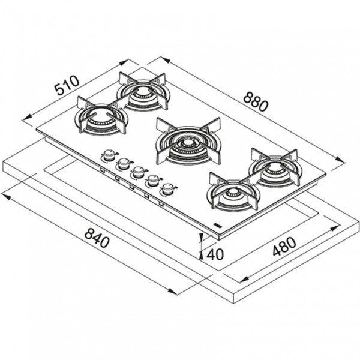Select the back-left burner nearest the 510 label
tap(144, 93)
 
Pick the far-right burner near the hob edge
tap(276, 168)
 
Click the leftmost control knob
tap(108, 155)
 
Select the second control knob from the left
tap(124, 163)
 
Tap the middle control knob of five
tap(138, 172)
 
